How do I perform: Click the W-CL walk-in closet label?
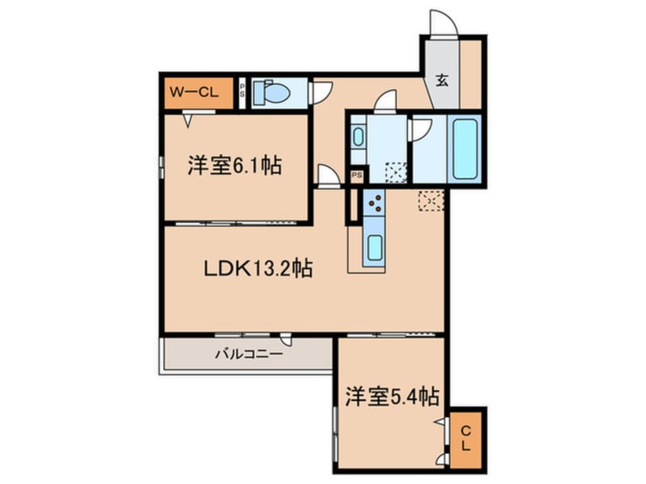[194, 93]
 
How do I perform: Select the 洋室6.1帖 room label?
[234, 166]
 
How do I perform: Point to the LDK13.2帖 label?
[257, 269]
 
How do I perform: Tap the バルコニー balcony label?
[247, 354]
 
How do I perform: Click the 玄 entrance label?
[442, 80]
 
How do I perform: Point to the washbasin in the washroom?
[359, 140]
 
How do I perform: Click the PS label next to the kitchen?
[356, 176]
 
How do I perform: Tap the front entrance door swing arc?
[443, 22]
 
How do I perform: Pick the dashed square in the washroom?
[396, 172]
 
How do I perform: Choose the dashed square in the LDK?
[431, 199]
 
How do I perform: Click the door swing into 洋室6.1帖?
[329, 176]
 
